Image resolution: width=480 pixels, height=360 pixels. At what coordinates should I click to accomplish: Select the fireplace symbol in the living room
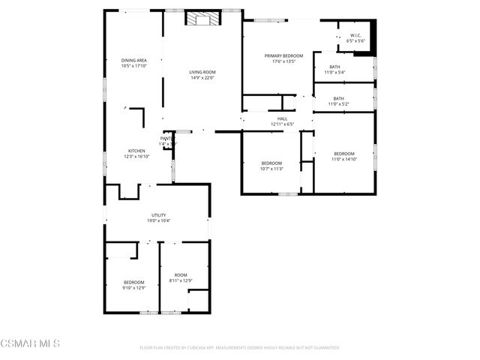click(202, 19)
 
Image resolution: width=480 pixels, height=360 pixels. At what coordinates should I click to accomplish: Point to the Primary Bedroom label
click(283, 56)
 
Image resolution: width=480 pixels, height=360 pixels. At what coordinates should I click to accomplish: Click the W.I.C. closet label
click(356, 36)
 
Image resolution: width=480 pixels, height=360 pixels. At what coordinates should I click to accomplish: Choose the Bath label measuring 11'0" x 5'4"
click(334, 67)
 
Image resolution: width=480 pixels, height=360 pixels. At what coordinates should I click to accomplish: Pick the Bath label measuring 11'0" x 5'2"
click(339, 98)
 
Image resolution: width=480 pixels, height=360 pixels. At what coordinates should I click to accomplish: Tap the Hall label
click(282, 118)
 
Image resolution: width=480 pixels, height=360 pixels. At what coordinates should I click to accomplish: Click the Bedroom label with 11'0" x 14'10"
click(344, 153)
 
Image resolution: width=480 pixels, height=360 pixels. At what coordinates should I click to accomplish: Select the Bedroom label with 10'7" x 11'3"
click(271, 163)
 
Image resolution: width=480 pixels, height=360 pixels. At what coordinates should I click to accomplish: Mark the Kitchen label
click(136, 151)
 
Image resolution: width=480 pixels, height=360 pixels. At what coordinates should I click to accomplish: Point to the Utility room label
click(158, 215)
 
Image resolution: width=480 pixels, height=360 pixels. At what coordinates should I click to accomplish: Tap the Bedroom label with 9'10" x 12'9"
click(134, 282)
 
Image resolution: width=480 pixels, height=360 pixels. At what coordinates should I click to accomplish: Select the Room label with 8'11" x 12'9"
click(181, 275)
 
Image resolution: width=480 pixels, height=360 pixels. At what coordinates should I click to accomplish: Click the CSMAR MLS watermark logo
click(30, 343)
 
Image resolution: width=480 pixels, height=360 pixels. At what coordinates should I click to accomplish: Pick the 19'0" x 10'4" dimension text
click(158, 220)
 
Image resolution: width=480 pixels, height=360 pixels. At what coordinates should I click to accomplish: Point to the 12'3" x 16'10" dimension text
click(136, 156)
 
